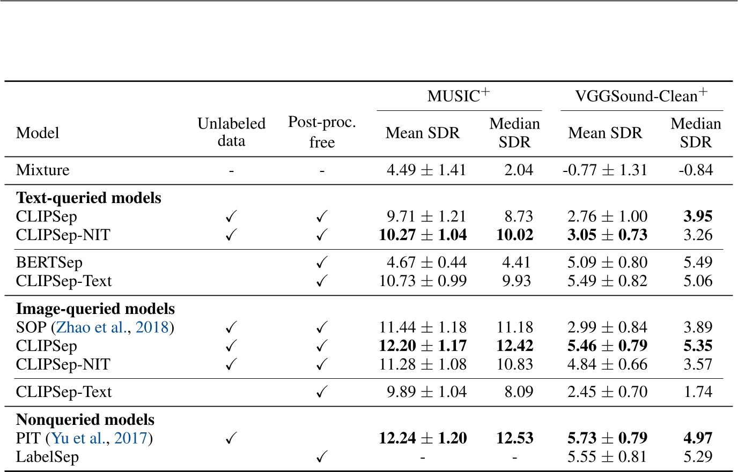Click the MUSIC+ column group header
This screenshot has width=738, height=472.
coord(459,96)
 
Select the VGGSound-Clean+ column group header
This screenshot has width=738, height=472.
coord(641,96)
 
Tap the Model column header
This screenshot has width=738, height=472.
coord(38,133)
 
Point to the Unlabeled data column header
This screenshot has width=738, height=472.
coord(231,132)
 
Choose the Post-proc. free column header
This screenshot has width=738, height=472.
coord(322,132)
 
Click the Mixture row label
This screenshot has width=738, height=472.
coord(43,170)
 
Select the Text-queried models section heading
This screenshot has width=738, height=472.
coord(88,198)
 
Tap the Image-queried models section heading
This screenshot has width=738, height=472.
coord(95,309)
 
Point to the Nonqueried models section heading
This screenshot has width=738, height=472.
coord(85,420)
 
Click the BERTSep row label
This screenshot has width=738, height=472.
coord(49,263)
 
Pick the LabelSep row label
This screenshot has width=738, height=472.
coord(47,457)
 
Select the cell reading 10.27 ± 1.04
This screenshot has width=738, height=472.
coord(423,235)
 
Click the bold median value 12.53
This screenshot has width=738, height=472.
coord(514,438)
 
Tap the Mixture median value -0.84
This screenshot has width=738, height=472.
coord(696,170)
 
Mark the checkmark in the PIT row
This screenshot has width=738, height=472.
coord(231,438)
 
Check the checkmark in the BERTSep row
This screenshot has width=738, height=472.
coord(322,263)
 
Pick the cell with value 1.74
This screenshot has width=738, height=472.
coord(698,392)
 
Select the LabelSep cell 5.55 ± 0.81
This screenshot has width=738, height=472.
coord(607,457)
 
